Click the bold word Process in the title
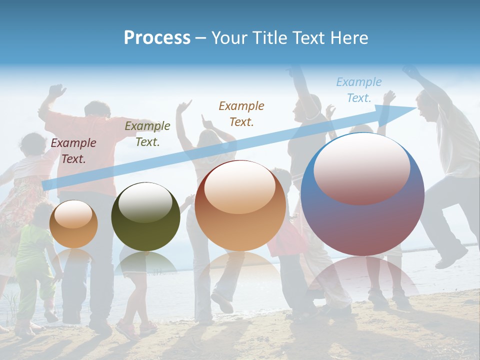[157, 37]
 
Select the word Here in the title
[349, 37]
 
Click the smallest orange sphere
[73, 224]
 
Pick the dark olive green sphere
[145, 217]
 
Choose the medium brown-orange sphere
[240, 206]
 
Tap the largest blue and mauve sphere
[362, 195]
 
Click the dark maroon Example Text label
[73, 151]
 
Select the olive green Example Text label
[147, 134]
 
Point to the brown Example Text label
[241, 113]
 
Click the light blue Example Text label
[358, 90]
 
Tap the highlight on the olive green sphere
[145, 202]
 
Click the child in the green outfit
[34, 260]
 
